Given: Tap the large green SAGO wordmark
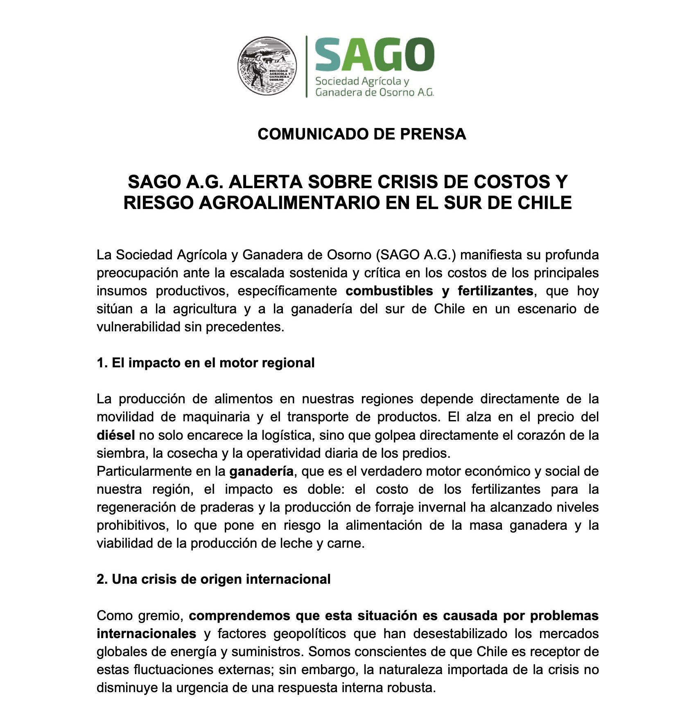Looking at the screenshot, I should pyautogui.click(x=374, y=54).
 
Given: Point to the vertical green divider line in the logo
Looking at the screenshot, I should pyautogui.click(x=306, y=66).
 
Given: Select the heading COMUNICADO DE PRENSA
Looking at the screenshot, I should pyautogui.click(x=362, y=134).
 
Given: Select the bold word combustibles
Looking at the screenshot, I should pyautogui.click(x=389, y=291).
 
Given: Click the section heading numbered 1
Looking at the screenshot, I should pyautogui.click(x=206, y=363).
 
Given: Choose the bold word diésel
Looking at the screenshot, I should pyautogui.click(x=115, y=435).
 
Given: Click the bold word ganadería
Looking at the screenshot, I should pyautogui.click(x=261, y=471).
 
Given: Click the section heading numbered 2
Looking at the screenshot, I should pyautogui.click(x=213, y=579).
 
